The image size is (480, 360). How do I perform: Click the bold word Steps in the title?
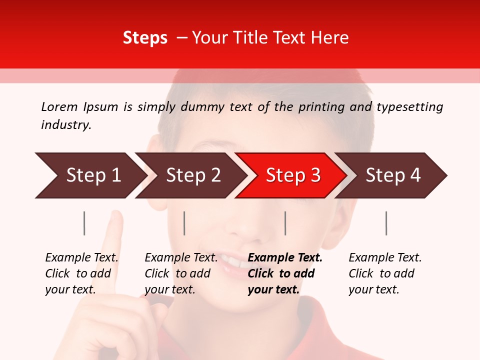tap(145, 38)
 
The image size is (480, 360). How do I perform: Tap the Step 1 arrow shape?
tap(90, 175)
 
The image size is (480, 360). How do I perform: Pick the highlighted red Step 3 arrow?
tap(292, 175)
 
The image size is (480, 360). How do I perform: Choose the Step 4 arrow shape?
tap(392, 175)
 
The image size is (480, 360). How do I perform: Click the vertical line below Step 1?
tap(84, 223)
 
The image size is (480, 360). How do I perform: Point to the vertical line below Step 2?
tap(184, 223)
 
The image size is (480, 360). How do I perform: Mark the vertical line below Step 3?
tap(285, 223)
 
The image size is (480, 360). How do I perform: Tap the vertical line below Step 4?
tap(386, 223)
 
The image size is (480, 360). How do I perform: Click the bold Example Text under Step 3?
tap(285, 258)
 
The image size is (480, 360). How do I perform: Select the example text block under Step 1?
tap(81, 273)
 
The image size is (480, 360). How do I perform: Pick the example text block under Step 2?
tap(181, 273)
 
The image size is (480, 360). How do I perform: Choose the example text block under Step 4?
tap(385, 273)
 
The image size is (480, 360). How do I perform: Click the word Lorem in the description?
tap(59, 107)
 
